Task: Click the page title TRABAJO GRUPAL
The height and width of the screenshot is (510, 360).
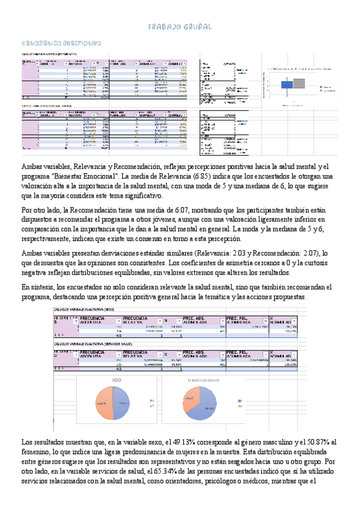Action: [180, 28]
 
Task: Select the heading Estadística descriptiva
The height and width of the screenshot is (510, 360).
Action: [60, 44]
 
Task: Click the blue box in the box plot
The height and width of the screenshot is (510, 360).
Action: [287, 84]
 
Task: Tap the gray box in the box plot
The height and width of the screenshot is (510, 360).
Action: [299, 84]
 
